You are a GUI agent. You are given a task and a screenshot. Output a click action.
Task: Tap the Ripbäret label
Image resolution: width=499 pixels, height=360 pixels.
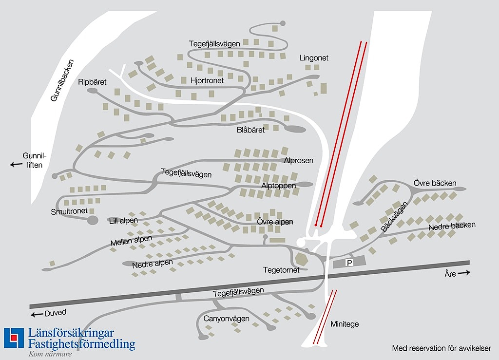click(92, 82)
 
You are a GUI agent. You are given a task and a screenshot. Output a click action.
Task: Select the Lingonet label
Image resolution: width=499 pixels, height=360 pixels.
click(314, 58)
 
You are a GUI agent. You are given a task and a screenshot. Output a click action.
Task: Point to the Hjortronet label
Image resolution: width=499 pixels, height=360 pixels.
click(207, 80)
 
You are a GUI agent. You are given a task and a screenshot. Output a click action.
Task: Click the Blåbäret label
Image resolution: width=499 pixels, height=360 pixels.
click(250, 130)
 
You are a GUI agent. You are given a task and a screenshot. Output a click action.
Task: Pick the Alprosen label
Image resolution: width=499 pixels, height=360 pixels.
click(299, 160)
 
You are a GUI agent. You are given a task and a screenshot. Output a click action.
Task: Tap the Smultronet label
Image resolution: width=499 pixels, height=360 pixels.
click(69, 211)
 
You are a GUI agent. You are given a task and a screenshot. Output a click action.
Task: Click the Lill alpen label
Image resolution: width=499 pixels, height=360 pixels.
click(123, 221)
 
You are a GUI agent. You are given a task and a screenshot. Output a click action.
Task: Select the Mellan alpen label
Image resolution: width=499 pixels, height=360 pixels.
click(131, 241)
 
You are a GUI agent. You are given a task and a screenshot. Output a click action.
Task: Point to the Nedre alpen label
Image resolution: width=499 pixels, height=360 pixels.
click(153, 264)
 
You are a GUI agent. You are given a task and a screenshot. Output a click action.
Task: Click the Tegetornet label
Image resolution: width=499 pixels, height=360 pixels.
click(281, 270)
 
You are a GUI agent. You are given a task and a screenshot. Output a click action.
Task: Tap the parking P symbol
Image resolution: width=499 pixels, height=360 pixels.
click(349, 263)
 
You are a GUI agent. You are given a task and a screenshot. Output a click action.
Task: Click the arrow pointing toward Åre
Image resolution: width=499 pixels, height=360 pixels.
click(464, 273)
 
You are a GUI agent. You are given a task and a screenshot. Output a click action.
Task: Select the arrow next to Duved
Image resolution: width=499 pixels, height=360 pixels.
click(37, 314)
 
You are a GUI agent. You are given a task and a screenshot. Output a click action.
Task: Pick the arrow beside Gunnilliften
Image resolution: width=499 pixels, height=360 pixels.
click(17, 165)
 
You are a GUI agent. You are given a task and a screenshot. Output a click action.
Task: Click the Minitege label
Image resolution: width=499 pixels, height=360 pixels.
click(345, 324)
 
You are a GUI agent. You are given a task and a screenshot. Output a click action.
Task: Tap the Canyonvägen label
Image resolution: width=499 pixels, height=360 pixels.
click(226, 319)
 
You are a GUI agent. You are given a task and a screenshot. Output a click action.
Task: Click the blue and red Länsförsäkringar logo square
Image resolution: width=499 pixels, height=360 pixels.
click(14, 338)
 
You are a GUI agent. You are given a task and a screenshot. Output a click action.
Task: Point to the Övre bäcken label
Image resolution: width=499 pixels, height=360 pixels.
click(435, 183)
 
